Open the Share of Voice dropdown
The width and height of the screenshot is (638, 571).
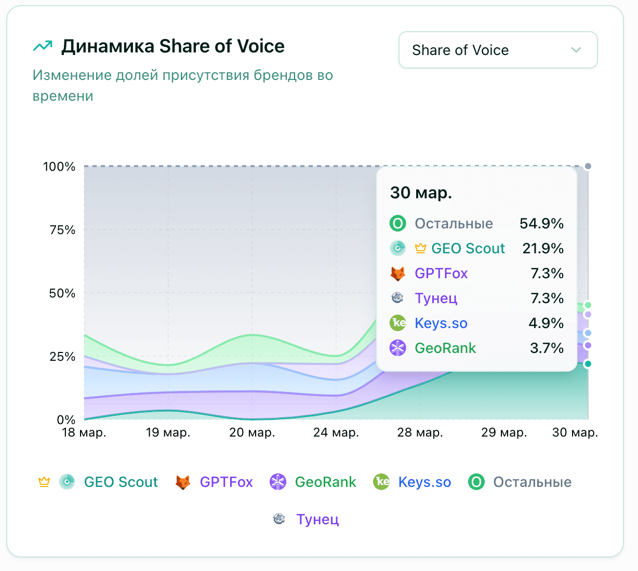tap(498, 50)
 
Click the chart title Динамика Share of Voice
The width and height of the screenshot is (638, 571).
tap(172, 46)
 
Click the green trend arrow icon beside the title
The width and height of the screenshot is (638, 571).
tap(43, 46)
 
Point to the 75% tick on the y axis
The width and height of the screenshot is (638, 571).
tap(62, 230)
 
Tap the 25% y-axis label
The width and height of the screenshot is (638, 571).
tap(62, 357)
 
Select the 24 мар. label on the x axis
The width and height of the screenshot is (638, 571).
tap(336, 432)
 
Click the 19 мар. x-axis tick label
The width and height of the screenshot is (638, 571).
tap(168, 432)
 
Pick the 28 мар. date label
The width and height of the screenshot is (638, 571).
tap(420, 432)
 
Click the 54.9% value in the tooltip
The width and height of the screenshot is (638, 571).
tap(541, 224)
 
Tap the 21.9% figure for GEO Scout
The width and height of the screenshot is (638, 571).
tap(543, 249)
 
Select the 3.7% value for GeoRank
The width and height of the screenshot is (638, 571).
tap(547, 348)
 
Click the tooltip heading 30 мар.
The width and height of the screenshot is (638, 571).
tap(421, 193)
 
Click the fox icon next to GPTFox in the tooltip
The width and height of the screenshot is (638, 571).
tap(397, 274)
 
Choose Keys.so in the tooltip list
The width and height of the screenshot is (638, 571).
tap(441, 323)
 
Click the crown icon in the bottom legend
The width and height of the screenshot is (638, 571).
tap(44, 482)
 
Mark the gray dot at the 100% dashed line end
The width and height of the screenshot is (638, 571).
tap(588, 166)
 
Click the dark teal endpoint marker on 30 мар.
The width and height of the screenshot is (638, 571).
tap(588, 364)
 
